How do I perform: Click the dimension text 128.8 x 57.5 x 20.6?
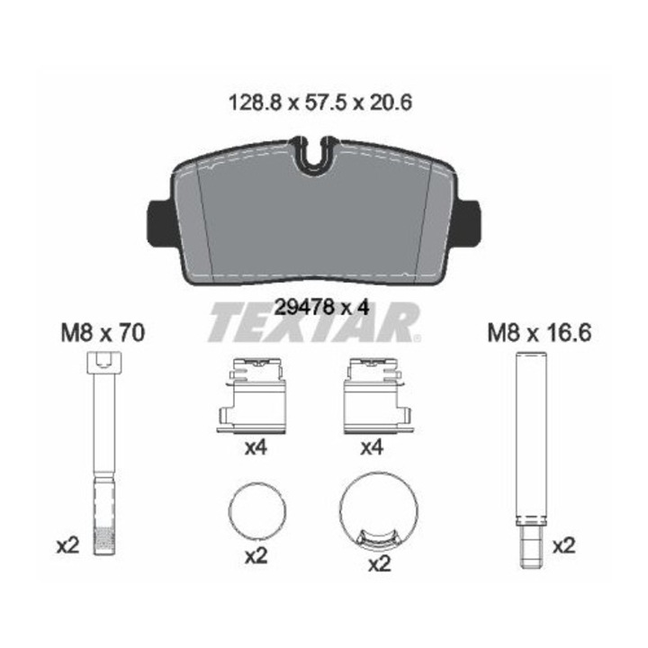coord(320,103)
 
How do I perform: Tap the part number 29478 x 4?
coord(321,308)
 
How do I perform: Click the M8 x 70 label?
coord(103,333)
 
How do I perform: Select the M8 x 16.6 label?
coord(539,333)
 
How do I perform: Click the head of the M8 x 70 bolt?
coord(104,363)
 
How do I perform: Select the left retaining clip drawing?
coord(252,396)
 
